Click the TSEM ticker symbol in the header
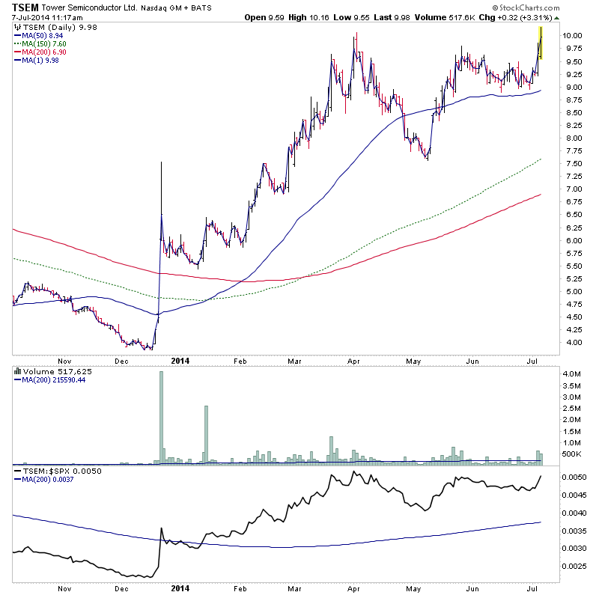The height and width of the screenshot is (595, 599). pyautogui.click(x=25, y=7)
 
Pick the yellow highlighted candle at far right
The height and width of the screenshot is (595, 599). pyautogui.click(x=541, y=43)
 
